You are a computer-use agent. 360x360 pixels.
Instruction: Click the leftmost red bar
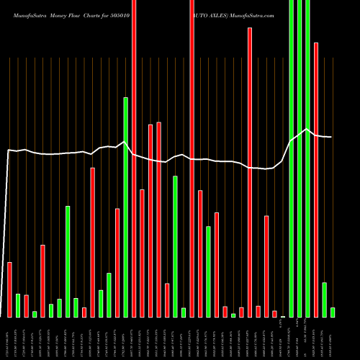click(10, 289)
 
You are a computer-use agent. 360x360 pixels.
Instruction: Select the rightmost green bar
click(333, 312)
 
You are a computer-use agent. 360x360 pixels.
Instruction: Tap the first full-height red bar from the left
click(134, 158)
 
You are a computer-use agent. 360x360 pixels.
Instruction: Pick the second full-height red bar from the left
click(192, 158)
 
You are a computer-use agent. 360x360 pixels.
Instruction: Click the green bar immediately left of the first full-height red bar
click(126, 207)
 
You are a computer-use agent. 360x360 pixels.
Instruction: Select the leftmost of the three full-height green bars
click(292, 158)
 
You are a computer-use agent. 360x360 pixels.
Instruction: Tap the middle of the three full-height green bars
click(300, 158)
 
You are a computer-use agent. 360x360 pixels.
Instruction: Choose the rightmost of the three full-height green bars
click(308, 158)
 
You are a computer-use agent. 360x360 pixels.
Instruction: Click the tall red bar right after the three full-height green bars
click(316, 180)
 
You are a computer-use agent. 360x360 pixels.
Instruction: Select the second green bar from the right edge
click(325, 300)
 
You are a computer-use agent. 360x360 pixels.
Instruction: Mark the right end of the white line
click(332, 137)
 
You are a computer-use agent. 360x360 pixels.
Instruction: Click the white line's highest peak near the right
click(307, 130)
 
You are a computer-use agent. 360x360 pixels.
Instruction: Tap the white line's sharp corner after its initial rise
click(9, 150)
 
